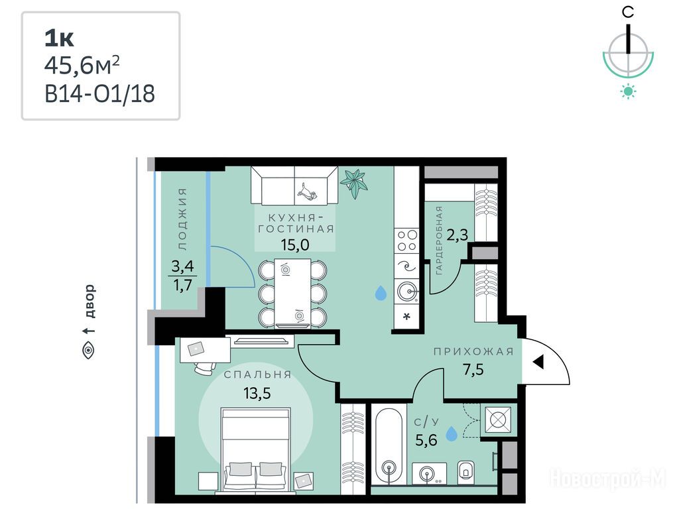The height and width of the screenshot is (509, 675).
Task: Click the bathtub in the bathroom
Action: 389,447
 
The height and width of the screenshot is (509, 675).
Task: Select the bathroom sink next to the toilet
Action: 429,473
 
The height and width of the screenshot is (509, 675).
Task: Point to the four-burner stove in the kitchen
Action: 407,241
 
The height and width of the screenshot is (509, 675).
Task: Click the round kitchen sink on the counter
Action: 407,292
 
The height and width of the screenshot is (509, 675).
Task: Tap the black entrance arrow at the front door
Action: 538,363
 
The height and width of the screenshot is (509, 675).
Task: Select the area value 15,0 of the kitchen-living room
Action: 295,245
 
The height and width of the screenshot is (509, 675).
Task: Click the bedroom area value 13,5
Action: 257,393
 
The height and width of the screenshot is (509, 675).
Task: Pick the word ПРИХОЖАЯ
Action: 473,351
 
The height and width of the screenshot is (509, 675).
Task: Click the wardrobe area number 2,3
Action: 457,235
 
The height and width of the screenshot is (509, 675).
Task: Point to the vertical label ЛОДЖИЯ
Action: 182,219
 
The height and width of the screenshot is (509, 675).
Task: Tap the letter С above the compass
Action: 628,12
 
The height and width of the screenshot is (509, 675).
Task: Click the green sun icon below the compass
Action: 629,91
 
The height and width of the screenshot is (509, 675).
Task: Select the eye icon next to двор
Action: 89,350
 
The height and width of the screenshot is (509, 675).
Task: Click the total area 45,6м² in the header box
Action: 82,66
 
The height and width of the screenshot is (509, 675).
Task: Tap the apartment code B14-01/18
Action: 100,93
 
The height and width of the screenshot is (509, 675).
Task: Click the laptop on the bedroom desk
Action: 196,349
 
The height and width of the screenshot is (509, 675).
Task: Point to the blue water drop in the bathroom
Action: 452,433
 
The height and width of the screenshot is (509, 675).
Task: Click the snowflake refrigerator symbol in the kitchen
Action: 406,317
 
